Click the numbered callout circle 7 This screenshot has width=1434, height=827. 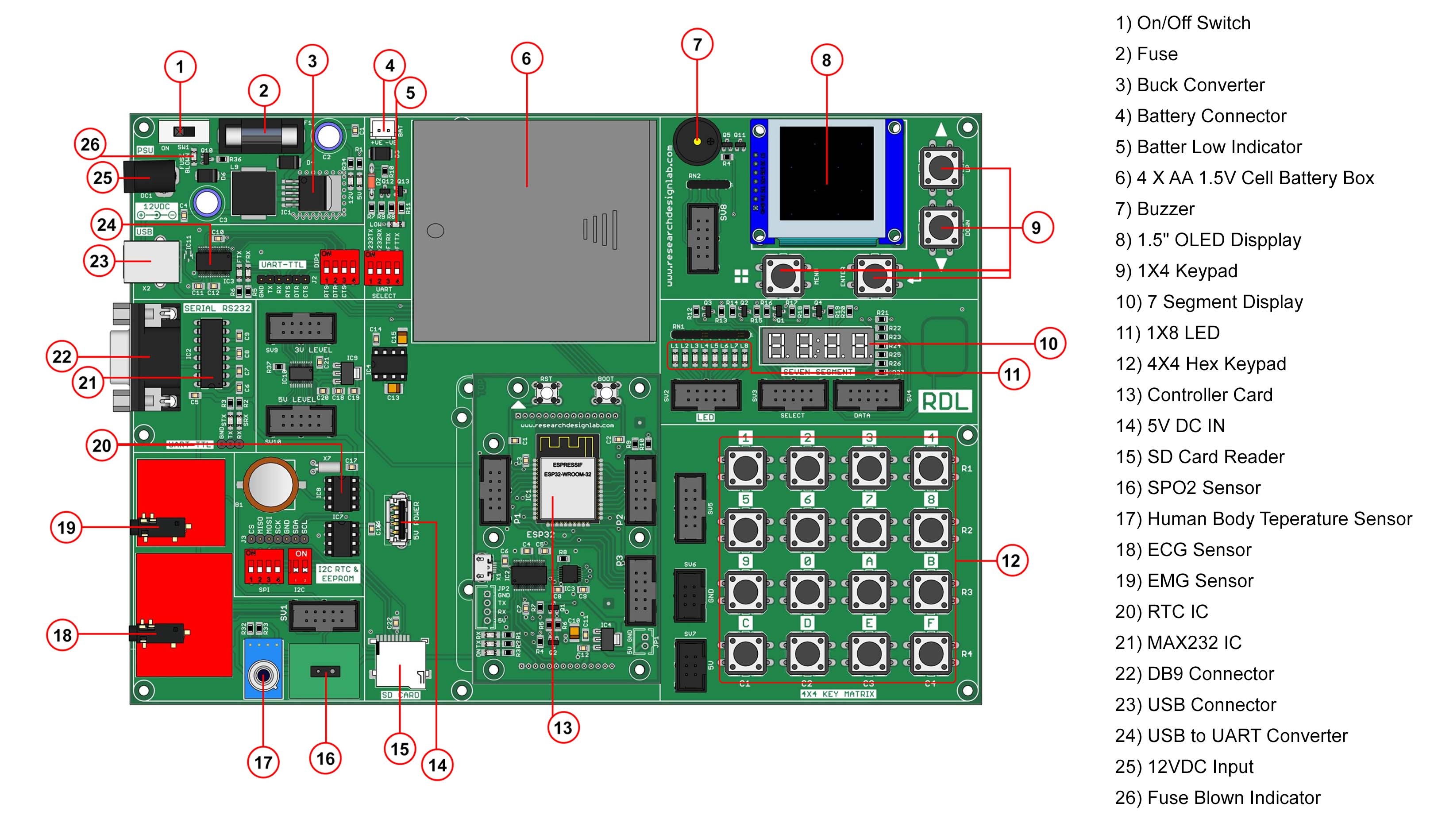(697, 44)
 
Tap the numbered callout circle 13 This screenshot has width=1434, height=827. (563, 727)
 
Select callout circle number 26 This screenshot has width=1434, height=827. (90, 144)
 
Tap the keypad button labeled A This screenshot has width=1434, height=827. (868, 591)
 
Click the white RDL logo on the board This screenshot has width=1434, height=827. (944, 402)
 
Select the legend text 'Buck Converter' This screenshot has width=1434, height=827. (1200, 85)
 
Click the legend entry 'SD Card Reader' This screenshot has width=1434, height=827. (1215, 457)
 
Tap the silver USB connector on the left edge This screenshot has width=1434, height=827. (151, 261)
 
